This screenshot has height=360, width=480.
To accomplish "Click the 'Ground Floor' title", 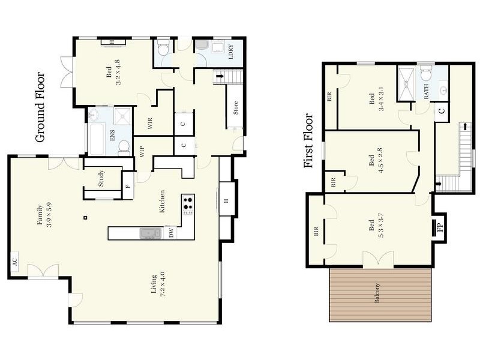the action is click(x=40, y=107).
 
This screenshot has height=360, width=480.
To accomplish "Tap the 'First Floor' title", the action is click(x=308, y=140).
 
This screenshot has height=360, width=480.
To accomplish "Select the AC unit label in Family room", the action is click(x=14, y=262).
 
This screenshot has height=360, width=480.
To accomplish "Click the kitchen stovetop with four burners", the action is click(x=188, y=204).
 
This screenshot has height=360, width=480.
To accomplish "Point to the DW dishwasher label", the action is click(x=171, y=233).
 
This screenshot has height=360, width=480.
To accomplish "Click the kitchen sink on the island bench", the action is click(x=151, y=233).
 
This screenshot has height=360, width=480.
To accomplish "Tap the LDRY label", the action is click(x=231, y=52).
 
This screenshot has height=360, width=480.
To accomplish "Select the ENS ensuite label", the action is click(x=112, y=136).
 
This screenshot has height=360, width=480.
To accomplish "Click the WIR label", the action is click(x=150, y=124).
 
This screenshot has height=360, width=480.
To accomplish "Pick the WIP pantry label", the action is click(x=142, y=152).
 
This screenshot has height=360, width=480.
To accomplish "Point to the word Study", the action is click(x=101, y=178).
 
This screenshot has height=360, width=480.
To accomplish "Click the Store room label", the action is click(x=235, y=108).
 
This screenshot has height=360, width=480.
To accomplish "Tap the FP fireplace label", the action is click(x=440, y=227).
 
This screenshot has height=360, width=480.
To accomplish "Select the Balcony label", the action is click(x=377, y=293).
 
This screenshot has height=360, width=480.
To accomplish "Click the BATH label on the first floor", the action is click(x=426, y=91).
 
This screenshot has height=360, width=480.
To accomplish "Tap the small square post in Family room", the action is click(x=86, y=218).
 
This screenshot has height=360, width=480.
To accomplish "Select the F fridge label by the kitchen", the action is click(x=128, y=186).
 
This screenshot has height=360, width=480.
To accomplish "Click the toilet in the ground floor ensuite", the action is click(x=124, y=147).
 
